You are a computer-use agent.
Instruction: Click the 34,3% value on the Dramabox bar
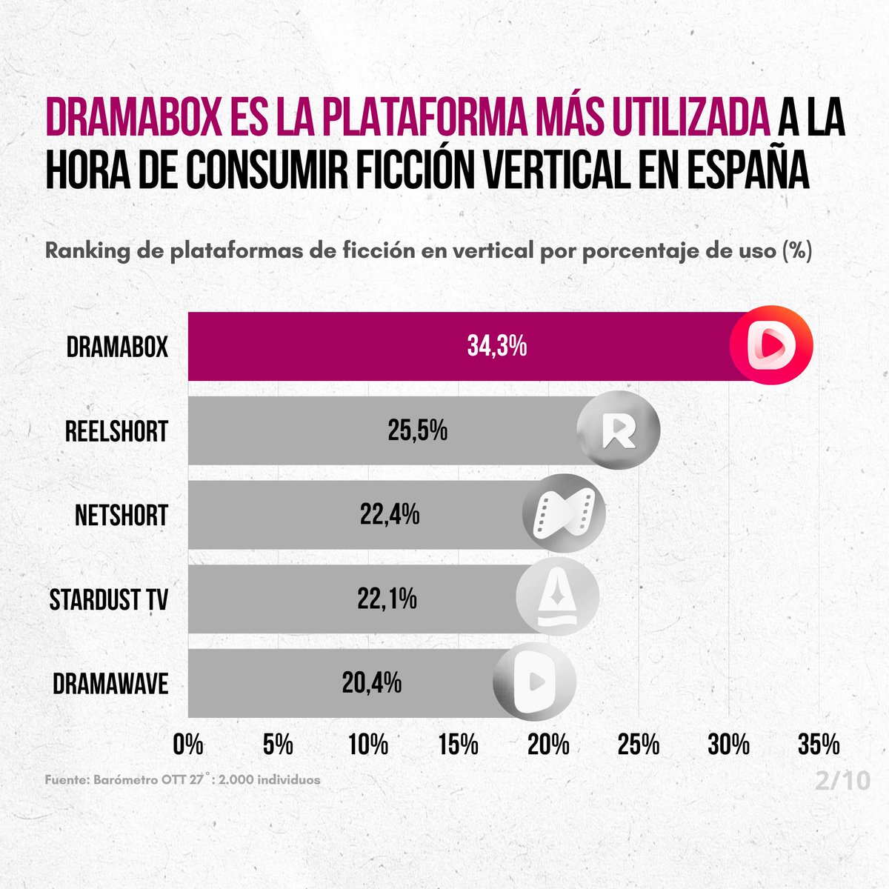click(496, 346)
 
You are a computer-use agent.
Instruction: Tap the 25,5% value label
click(417, 430)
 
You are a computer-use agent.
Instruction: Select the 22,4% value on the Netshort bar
click(390, 514)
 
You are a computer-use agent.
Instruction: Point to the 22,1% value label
click(387, 598)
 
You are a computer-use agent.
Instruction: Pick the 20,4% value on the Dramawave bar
click(371, 682)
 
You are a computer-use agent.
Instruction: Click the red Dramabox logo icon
click(771, 346)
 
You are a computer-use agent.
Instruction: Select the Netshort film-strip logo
click(564, 515)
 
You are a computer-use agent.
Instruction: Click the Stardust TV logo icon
click(557, 599)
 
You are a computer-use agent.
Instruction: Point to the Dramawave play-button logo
click(534, 682)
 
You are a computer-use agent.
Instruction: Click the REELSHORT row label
click(116, 431)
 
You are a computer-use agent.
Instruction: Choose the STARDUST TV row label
click(109, 599)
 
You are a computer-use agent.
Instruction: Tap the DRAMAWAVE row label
click(110, 683)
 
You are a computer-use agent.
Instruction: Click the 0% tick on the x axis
click(187, 745)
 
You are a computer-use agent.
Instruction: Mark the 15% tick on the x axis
click(458, 745)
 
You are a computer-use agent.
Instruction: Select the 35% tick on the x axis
click(819, 745)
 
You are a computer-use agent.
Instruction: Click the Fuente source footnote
click(182, 780)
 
